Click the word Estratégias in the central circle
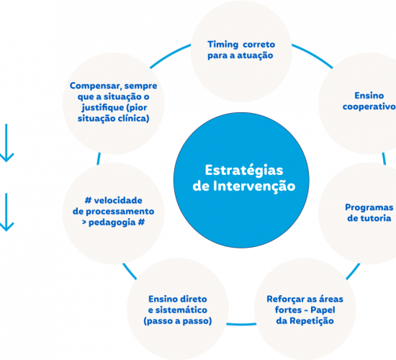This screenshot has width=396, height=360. (243, 171)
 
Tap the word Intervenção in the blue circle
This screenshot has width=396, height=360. (254, 186)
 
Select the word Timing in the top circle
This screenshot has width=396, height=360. (222, 45)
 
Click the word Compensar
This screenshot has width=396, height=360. (96, 86)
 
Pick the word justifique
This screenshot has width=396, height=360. (102, 108)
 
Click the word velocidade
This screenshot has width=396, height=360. (118, 201)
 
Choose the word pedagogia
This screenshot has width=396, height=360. (112, 222)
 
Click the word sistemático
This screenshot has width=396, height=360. (181, 310)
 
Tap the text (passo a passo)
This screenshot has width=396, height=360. (178, 321)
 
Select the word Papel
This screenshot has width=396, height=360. (323, 310)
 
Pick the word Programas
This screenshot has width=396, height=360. (369, 207)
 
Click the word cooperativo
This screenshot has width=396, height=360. (369, 107)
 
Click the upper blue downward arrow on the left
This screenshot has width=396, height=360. (6, 143)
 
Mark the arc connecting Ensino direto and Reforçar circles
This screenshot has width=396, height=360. (241, 324)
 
